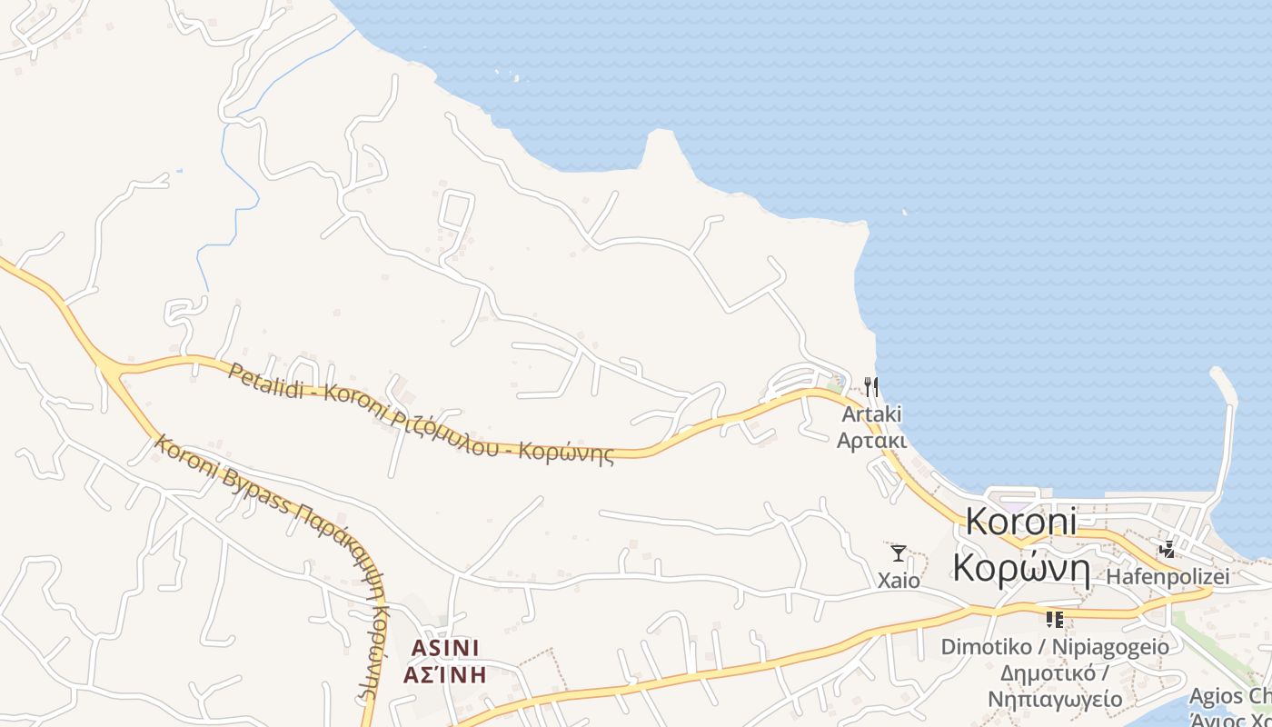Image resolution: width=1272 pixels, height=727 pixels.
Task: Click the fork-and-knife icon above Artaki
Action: point(871,387)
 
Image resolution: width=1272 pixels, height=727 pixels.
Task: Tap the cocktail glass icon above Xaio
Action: point(899,553)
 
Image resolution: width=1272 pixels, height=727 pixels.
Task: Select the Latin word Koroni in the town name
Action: point(1021,523)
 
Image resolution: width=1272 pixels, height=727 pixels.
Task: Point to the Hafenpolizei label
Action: point(1168,576)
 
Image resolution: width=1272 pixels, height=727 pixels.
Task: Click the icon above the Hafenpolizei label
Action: point(1168,549)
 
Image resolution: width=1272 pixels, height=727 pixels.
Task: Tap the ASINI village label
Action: point(444,648)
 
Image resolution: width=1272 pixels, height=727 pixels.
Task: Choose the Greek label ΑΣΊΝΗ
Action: point(444,674)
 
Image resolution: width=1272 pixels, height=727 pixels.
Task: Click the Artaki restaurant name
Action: point(871,414)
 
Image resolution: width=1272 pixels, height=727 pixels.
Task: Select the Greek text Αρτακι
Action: point(871,441)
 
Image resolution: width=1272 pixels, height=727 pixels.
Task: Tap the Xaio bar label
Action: point(899,581)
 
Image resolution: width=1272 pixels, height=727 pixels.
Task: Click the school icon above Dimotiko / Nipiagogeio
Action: point(1055,620)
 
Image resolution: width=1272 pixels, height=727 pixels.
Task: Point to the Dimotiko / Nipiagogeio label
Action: point(1055,647)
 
